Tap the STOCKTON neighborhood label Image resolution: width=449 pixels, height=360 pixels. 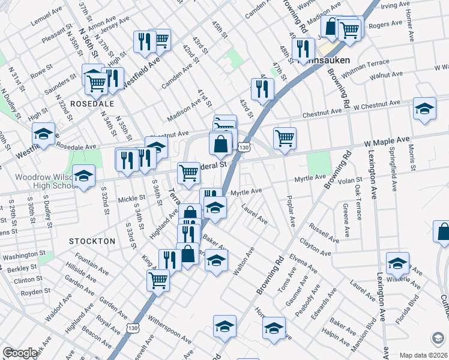pyautogui.click(x=92, y=241)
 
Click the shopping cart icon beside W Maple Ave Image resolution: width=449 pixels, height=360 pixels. pyautogui.click(x=285, y=137)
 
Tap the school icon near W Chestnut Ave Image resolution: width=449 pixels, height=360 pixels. pyautogui.click(x=424, y=109)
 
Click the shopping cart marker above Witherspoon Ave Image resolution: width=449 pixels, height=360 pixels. pyautogui.click(x=158, y=279)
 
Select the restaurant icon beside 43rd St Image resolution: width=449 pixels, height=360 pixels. pyautogui.click(x=262, y=88)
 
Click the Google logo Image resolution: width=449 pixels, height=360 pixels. pyautogui.click(x=20, y=353)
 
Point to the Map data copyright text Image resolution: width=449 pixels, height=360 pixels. pyautogui.click(x=423, y=355)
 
